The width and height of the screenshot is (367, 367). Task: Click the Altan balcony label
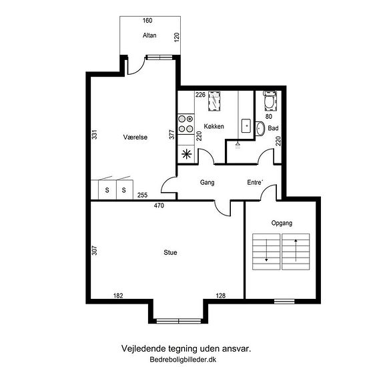click(x=149, y=35)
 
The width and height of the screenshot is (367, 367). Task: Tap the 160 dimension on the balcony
click(x=147, y=21)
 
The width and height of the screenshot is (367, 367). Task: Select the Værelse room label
click(x=135, y=137)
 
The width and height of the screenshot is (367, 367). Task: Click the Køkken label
click(x=214, y=126)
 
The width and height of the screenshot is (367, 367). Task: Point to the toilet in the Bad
click(x=270, y=100)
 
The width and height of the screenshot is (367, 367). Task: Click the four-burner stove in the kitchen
click(x=186, y=124)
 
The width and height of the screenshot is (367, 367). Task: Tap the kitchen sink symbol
click(x=246, y=126)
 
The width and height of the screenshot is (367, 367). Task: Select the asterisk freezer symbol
click(x=187, y=154)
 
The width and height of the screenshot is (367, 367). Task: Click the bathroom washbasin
click(x=260, y=128)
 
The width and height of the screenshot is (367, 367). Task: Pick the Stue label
click(x=170, y=252)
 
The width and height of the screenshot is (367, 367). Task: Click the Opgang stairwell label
click(x=282, y=223)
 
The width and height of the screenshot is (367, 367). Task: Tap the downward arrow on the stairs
click(x=266, y=250)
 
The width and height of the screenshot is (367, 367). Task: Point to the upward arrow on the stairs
click(x=296, y=250)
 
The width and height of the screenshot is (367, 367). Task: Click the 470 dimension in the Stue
click(x=159, y=206)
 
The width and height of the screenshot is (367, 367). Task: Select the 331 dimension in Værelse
click(x=94, y=134)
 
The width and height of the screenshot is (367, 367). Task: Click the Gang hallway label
click(x=207, y=182)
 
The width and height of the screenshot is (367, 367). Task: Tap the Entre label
click(x=255, y=182)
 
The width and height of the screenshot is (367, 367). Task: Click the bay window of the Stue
click(x=178, y=321)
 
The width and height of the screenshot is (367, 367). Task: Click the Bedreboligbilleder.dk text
click(x=183, y=359)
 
